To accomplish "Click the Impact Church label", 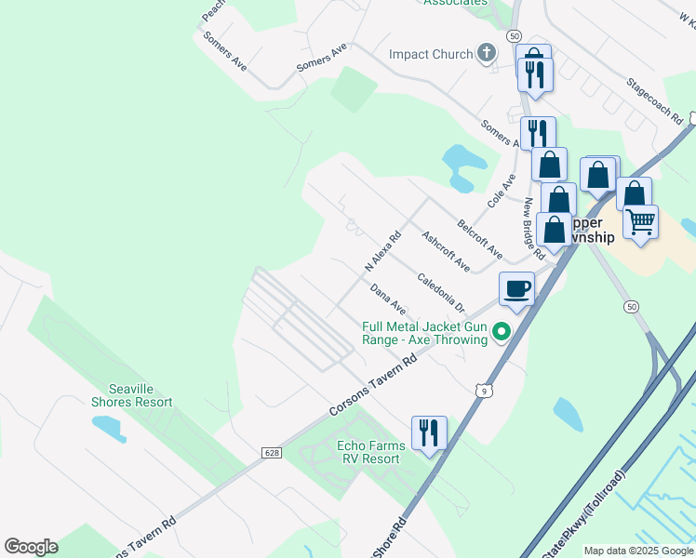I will (x=431, y=54).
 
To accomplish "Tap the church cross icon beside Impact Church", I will (x=486, y=54).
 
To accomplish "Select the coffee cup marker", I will (x=516, y=287).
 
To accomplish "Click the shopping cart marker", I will (x=640, y=223).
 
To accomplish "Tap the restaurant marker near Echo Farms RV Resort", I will (x=429, y=432).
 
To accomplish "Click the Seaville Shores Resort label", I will (x=132, y=395).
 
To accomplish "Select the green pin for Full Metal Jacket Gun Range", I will (x=502, y=331).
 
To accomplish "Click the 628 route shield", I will (x=271, y=453).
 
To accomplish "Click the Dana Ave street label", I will (x=388, y=299).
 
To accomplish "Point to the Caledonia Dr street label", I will (x=440, y=291).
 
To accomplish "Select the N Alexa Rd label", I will (x=381, y=252).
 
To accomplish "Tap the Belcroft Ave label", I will (x=479, y=239).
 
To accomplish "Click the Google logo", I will (x=31, y=547).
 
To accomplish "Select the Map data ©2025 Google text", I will (x=638, y=551).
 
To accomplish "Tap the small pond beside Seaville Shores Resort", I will (x=109, y=427).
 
